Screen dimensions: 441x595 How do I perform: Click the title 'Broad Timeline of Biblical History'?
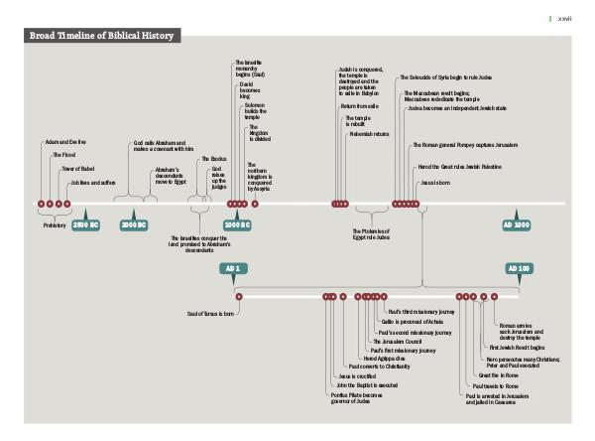pyautogui.click(x=102, y=36)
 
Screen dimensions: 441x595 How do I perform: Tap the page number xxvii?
pyautogui.click(x=564, y=18)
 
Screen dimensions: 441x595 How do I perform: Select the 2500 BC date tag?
pyautogui.click(x=85, y=225)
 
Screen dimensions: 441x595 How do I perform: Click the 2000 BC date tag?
pyautogui.click(x=134, y=225)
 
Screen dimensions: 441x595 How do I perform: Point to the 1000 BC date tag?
pyautogui.click(x=236, y=225)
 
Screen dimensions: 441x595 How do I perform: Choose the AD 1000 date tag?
pyautogui.click(x=516, y=225)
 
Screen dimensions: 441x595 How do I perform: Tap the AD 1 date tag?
pyautogui.click(x=231, y=269)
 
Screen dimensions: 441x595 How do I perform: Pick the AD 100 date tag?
pyautogui.click(x=518, y=269)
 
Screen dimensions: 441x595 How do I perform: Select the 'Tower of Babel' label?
pyautogui.click(x=78, y=169)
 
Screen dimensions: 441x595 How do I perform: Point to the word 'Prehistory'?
pyautogui.click(x=55, y=225)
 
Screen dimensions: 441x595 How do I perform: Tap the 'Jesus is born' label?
pyautogui.click(x=435, y=183)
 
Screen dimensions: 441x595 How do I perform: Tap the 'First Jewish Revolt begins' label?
pyautogui.click(x=517, y=348)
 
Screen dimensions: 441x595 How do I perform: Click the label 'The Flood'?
pyautogui.click(x=64, y=155)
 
